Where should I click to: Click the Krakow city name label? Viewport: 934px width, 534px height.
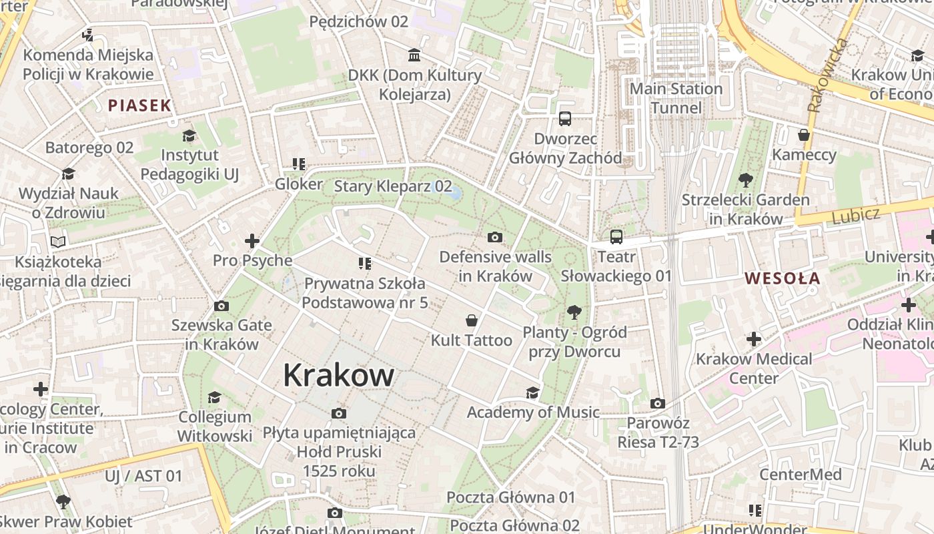(338, 375)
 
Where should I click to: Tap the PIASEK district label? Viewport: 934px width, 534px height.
(139, 105)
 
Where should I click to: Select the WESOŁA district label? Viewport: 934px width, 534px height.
(782, 278)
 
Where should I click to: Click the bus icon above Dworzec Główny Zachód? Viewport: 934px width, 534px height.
(565, 119)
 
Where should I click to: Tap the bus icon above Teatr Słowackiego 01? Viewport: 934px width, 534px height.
(616, 237)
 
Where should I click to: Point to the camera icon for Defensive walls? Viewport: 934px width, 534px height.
(495, 237)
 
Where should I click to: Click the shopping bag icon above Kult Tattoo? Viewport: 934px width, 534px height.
(472, 320)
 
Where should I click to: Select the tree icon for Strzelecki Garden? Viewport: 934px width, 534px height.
(746, 180)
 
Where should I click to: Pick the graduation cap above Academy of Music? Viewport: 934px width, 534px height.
(532, 392)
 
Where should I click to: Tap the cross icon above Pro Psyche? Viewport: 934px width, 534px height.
(252, 240)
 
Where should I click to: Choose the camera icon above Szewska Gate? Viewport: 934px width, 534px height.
(221, 306)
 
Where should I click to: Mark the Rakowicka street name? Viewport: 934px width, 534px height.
(827, 75)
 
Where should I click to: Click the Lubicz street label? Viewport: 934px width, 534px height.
(856, 215)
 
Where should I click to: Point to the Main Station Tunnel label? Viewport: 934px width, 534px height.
(676, 98)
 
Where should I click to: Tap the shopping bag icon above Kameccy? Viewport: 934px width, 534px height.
(804, 135)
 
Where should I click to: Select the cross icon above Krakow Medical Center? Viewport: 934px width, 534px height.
(754, 339)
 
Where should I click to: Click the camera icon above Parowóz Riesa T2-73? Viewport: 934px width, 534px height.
(658, 403)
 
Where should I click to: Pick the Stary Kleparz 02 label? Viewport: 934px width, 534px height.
(393, 186)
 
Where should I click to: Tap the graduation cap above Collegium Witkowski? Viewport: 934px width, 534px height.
(214, 397)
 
